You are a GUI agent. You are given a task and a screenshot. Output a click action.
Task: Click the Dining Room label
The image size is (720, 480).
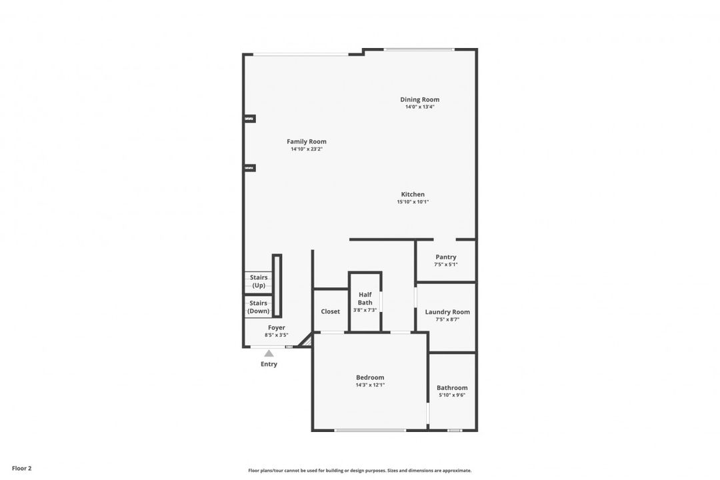click(x=420, y=99)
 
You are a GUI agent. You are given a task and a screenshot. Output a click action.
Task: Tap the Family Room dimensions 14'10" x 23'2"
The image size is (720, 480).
click(x=307, y=149)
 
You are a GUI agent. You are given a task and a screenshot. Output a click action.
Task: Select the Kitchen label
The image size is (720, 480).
click(x=413, y=194)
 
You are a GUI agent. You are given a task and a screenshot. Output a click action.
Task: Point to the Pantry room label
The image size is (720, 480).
click(x=446, y=257)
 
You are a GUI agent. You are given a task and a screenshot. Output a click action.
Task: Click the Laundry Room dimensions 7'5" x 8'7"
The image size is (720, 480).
click(x=448, y=319)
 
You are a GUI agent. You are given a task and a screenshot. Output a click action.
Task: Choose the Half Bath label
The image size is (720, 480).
click(x=365, y=299)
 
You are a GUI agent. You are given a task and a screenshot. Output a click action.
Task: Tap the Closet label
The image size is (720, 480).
click(x=331, y=311)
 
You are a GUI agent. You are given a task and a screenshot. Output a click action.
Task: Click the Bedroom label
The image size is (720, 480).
click(x=370, y=377)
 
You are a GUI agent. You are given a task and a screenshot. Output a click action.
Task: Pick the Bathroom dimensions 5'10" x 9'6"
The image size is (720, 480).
click(x=452, y=395)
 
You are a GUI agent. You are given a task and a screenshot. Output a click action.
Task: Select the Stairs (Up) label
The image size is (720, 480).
click(x=259, y=281)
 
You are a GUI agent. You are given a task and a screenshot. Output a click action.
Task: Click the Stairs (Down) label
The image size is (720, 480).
click(x=259, y=307)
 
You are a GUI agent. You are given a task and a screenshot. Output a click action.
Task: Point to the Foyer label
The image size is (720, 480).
click(x=277, y=327)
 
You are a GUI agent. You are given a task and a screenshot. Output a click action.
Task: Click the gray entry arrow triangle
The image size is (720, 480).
click(x=269, y=354)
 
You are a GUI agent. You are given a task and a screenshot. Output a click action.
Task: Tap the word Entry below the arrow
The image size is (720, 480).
click(x=269, y=364)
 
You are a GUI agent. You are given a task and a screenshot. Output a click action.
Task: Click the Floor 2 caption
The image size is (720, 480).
click(x=21, y=469)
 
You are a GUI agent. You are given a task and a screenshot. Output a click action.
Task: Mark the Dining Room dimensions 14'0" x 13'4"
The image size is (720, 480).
click(x=420, y=107)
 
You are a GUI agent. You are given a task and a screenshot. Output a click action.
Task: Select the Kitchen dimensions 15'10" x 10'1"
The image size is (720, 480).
click(x=413, y=201)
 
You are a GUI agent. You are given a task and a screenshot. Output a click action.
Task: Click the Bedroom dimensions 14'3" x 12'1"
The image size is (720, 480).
click(x=370, y=385)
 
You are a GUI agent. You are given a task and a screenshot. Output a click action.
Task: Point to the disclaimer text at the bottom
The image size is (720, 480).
click(x=360, y=471)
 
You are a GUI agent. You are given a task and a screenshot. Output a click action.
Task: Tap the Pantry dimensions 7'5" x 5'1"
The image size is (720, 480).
click(x=446, y=265)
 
